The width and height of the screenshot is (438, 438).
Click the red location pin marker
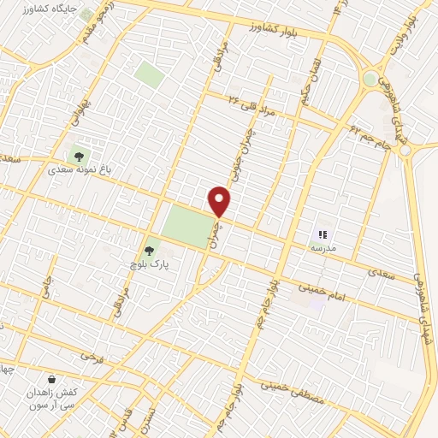[x=220, y=201]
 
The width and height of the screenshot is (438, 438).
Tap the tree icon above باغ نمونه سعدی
[x=79, y=156]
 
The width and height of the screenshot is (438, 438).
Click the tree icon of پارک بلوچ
[x=150, y=251]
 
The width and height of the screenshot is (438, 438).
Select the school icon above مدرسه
[x=323, y=234]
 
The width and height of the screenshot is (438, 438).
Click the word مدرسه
[x=322, y=247]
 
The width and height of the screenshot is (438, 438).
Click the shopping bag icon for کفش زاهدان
[x=52, y=378]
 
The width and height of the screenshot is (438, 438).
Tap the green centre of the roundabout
[x=370, y=79]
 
